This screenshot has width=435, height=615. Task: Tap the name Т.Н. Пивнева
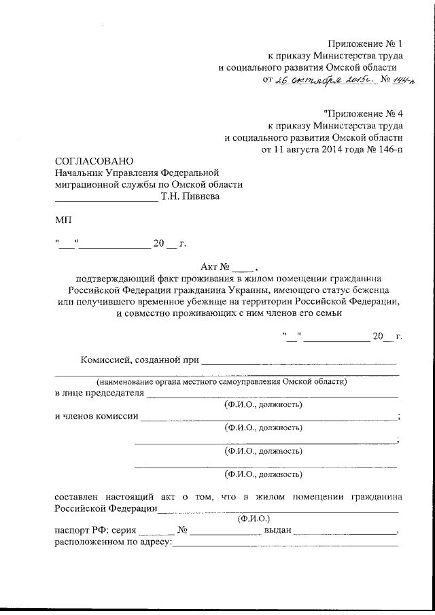(190, 197)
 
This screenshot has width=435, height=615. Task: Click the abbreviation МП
(61, 221)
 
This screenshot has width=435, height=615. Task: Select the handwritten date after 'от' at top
(319, 80)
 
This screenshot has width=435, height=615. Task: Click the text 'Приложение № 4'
(364, 113)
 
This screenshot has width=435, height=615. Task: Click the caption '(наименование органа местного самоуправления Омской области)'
(222, 382)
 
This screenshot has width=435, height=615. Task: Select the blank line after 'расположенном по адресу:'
(285, 545)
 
